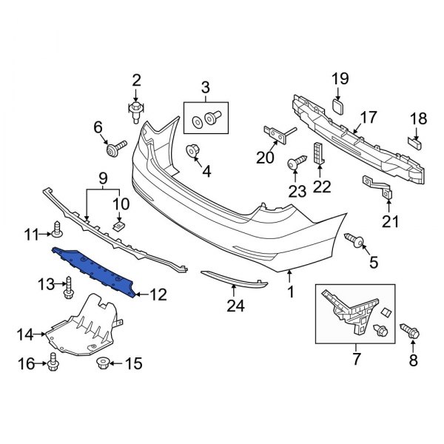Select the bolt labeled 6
tap(115, 150)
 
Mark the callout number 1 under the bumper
tap(290, 292)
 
